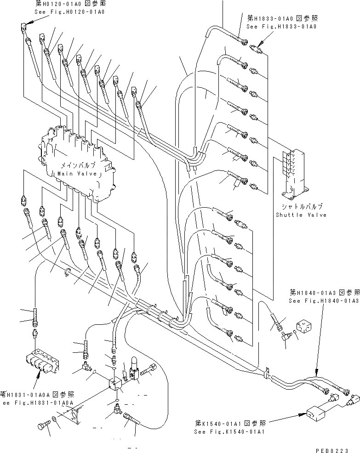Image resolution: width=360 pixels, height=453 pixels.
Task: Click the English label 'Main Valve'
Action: click(x=77, y=174)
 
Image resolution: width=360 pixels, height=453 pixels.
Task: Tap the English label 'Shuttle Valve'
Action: click(x=301, y=215)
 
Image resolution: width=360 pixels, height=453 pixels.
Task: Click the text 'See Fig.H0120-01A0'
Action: click(x=69, y=11)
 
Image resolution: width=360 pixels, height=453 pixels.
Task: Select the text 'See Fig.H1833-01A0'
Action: click(x=282, y=27)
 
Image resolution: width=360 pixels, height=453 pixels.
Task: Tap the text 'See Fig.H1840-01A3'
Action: click(x=323, y=300)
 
